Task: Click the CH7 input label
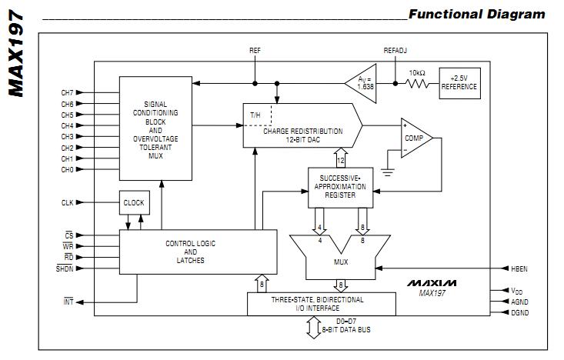(68, 92)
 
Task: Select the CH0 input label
(68, 169)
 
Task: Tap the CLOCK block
(133, 203)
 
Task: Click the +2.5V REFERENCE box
(459, 82)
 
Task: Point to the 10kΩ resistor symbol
(416, 82)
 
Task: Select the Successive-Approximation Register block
(339, 187)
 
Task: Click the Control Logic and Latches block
(190, 252)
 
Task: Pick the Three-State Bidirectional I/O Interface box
(316, 304)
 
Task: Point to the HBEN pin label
(520, 269)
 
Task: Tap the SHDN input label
(65, 268)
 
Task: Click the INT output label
(68, 301)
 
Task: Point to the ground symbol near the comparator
(388, 171)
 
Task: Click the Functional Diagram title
(476, 14)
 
